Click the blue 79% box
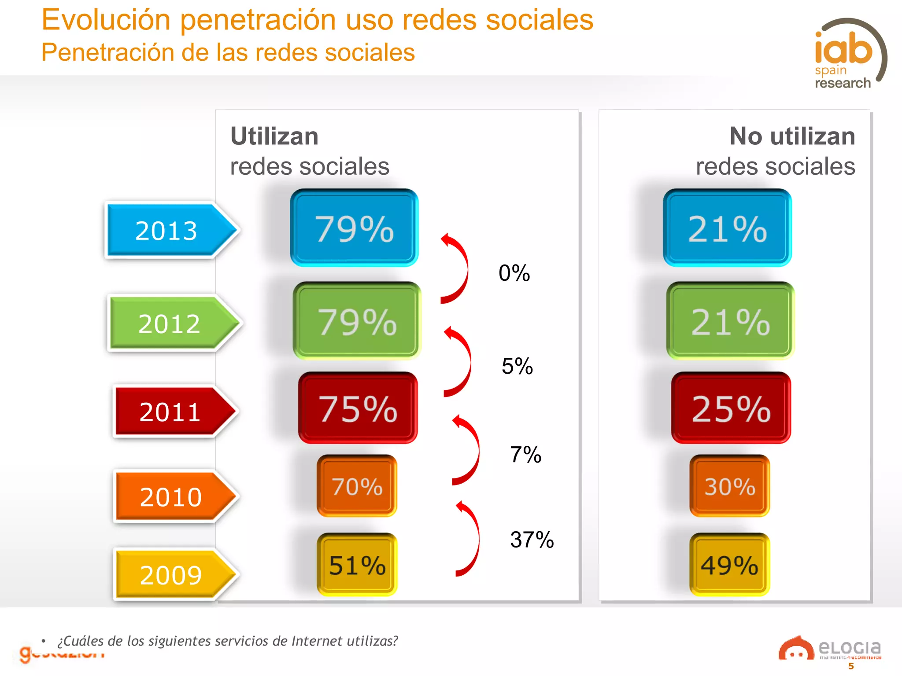tap(354, 228)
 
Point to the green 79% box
tap(357, 321)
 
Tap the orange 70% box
tap(357, 486)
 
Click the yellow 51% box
tap(357, 565)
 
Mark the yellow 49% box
tap(729, 565)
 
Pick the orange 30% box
tap(729, 486)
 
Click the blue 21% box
tap(727, 228)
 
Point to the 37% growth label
tap(532, 540)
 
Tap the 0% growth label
tap(514, 273)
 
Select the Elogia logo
tap(830, 649)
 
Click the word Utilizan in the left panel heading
tap(274, 136)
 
